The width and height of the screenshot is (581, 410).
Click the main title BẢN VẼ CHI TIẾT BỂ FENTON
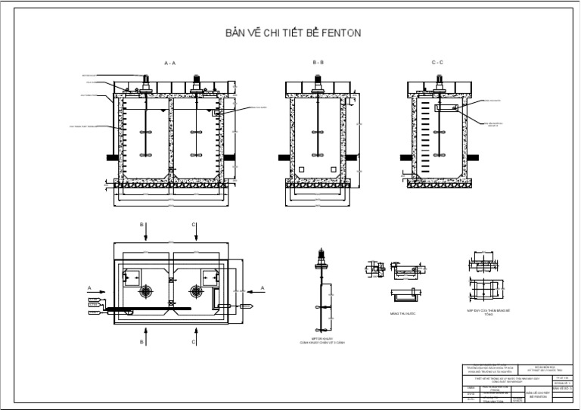click(293, 33)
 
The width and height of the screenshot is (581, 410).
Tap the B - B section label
click(318, 64)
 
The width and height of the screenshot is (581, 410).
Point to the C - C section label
click(437, 64)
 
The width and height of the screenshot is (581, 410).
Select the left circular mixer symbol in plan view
click(145, 290)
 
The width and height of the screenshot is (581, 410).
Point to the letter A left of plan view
click(89, 287)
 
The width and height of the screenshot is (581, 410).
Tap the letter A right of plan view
click(262, 287)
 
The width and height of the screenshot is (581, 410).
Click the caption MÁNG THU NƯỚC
click(404, 312)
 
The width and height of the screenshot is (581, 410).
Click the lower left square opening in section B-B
click(300, 169)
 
